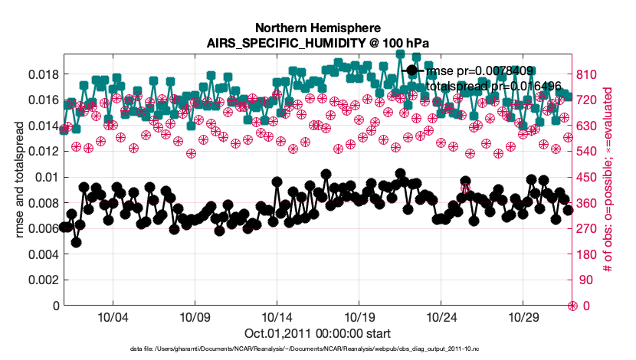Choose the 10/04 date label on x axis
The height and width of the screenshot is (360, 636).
[x=112, y=317]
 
